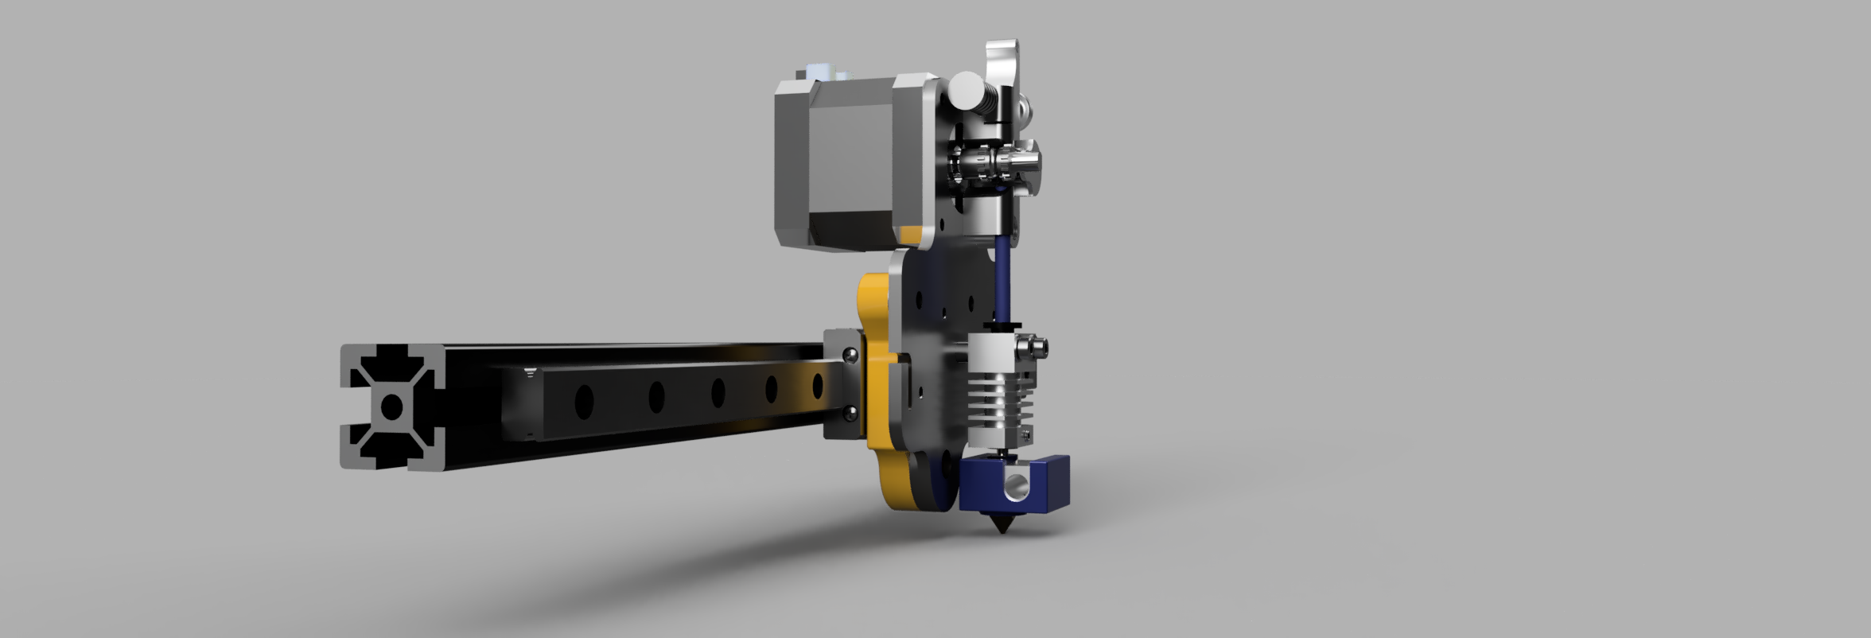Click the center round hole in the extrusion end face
coord(391,407)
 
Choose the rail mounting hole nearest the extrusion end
coord(584,400)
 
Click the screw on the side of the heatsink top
coord(1039,346)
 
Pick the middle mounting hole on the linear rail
coord(718,391)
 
